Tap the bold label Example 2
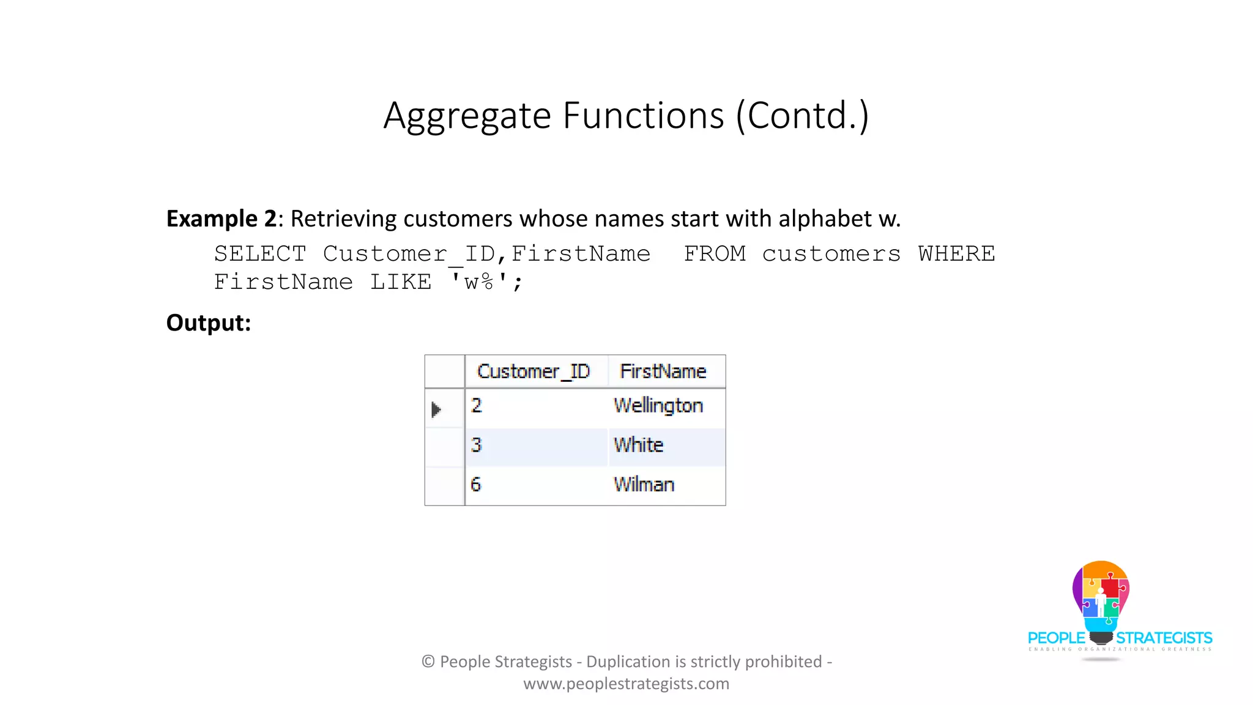point(221,218)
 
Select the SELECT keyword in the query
point(260,253)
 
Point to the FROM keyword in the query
point(715,253)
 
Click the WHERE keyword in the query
point(956,253)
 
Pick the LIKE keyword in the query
point(401,282)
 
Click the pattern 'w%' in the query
point(479,282)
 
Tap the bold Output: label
point(209,323)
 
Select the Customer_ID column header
point(534,371)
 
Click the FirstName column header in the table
point(663,371)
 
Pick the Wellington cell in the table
point(658,406)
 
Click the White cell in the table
point(638,445)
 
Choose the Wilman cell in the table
point(644,485)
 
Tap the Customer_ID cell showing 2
point(477,406)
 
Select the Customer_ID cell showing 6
point(476,485)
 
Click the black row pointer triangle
point(436,409)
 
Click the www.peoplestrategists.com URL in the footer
point(626,684)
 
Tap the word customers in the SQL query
point(831,253)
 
